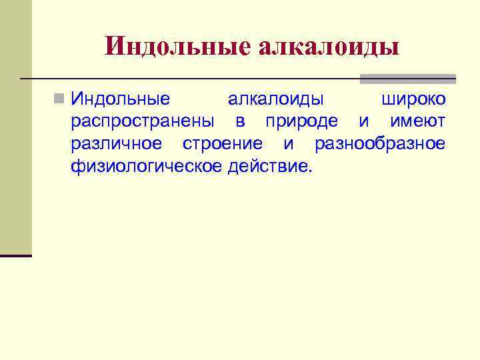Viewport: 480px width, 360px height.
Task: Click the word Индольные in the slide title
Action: click(176, 46)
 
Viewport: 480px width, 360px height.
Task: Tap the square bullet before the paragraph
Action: click(59, 100)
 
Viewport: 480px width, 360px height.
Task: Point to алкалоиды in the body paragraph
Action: click(276, 100)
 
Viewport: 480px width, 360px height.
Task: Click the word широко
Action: click(413, 100)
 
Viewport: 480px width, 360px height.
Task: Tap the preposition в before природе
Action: click(240, 122)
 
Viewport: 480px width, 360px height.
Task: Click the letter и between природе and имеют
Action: click(363, 122)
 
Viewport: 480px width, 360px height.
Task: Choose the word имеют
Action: click(417, 122)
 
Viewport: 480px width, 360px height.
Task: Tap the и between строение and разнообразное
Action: click(289, 144)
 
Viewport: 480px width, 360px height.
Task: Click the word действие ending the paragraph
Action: click(269, 166)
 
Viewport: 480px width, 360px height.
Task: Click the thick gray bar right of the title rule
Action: click(407, 79)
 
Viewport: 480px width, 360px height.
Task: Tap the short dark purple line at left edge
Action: click(16, 255)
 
